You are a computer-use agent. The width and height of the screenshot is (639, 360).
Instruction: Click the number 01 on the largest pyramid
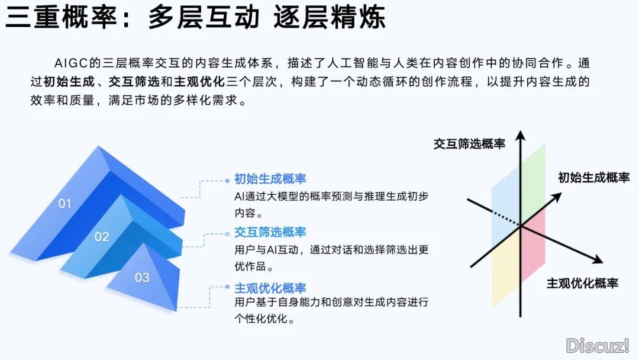(65, 204)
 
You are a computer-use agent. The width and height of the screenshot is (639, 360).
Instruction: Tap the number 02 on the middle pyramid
(102, 237)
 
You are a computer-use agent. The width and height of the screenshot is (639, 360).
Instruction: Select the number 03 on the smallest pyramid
(142, 278)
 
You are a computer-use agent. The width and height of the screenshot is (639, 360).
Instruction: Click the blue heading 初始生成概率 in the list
(270, 179)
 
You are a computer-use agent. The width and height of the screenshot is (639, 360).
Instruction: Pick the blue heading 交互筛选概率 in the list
(270, 232)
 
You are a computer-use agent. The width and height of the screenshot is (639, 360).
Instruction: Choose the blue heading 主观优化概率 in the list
(270, 288)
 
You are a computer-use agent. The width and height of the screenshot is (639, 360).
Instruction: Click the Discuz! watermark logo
(598, 346)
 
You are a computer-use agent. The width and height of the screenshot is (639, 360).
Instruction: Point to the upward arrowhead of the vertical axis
(521, 136)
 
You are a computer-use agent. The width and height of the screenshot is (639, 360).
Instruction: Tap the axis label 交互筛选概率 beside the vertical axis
(469, 143)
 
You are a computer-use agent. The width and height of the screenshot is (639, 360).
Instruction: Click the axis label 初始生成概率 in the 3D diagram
(594, 178)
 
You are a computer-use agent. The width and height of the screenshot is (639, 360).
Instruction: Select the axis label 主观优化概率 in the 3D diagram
(582, 283)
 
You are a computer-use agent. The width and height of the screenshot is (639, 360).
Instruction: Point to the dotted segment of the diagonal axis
(506, 218)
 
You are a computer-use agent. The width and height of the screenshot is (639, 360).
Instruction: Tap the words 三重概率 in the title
(61, 17)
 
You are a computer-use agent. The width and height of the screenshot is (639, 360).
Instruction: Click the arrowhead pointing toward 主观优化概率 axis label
(597, 259)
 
